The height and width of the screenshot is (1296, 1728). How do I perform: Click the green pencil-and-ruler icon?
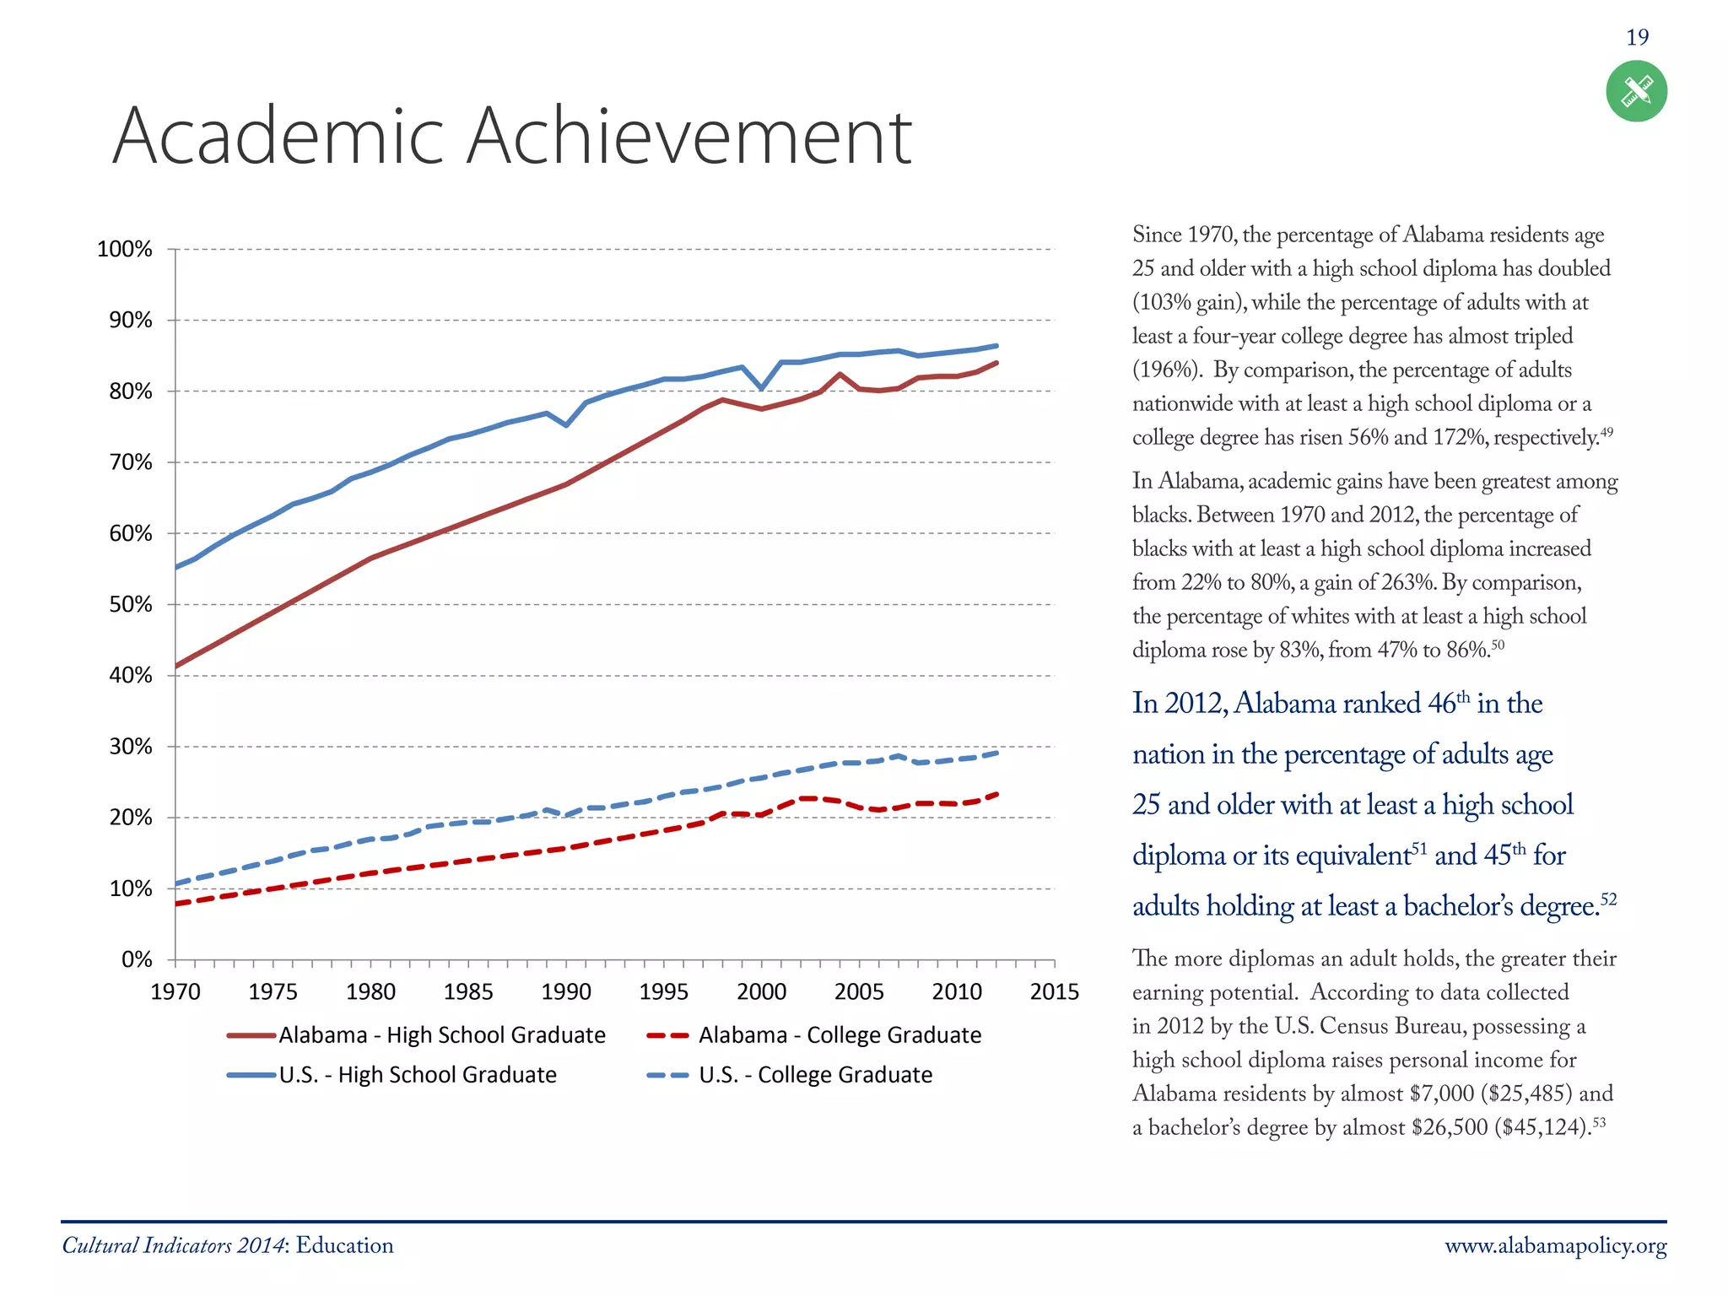pos(1636,91)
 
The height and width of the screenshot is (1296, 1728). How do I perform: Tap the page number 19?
pos(1637,37)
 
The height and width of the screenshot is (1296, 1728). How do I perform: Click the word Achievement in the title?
pos(688,137)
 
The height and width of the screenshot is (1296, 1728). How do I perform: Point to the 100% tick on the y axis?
pos(125,250)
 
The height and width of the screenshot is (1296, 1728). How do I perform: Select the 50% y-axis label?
pos(131,605)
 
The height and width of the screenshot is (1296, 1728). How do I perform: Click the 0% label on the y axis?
pos(137,960)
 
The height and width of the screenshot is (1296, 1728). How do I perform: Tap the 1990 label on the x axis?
pos(566,992)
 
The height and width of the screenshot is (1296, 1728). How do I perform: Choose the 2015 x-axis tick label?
pos(1054,992)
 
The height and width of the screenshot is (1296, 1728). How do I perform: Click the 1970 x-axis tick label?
pos(175,992)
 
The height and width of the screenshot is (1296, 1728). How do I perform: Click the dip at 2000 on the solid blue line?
pos(762,389)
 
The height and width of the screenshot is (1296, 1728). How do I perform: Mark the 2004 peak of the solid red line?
pos(840,374)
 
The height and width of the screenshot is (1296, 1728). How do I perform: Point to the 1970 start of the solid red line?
pos(176,666)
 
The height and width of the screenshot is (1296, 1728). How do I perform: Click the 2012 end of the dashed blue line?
pos(996,753)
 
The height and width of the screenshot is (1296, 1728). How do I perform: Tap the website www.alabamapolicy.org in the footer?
pos(1555,1246)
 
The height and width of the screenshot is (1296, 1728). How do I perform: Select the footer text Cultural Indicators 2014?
pos(173,1246)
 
